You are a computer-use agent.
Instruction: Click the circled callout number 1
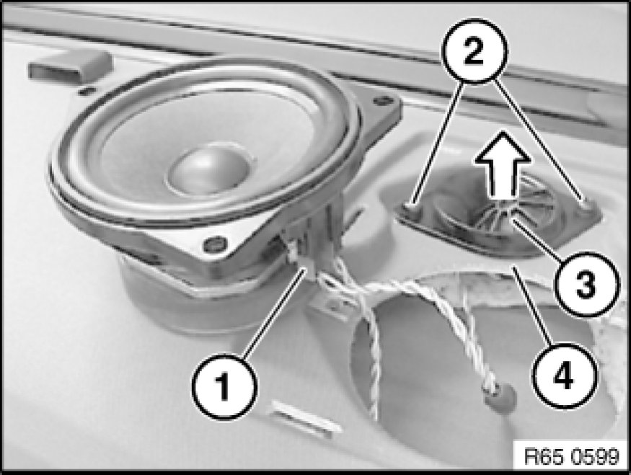(224, 386)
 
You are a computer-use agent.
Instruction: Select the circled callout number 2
(475, 50)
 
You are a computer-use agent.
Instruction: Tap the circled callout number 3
(586, 283)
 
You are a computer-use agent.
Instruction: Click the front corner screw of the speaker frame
(216, 244)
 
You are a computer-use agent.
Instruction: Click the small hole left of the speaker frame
(84, 92)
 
